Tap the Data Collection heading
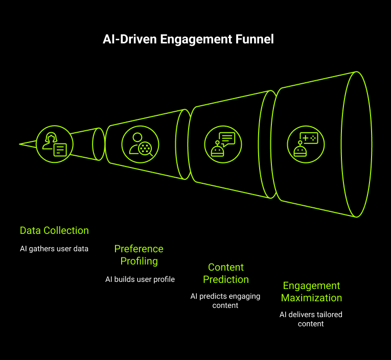54,230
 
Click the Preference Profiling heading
139,255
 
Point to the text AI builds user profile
140,279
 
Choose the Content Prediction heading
226,273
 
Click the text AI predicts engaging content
225,301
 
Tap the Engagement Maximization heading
311,292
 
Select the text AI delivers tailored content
311,319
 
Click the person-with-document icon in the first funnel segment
55,144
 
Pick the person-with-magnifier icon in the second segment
140,144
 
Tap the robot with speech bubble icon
223,144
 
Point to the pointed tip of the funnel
20,144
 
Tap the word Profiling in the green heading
139,261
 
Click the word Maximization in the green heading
311,298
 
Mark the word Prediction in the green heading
226,279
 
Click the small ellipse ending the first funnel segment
99,144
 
